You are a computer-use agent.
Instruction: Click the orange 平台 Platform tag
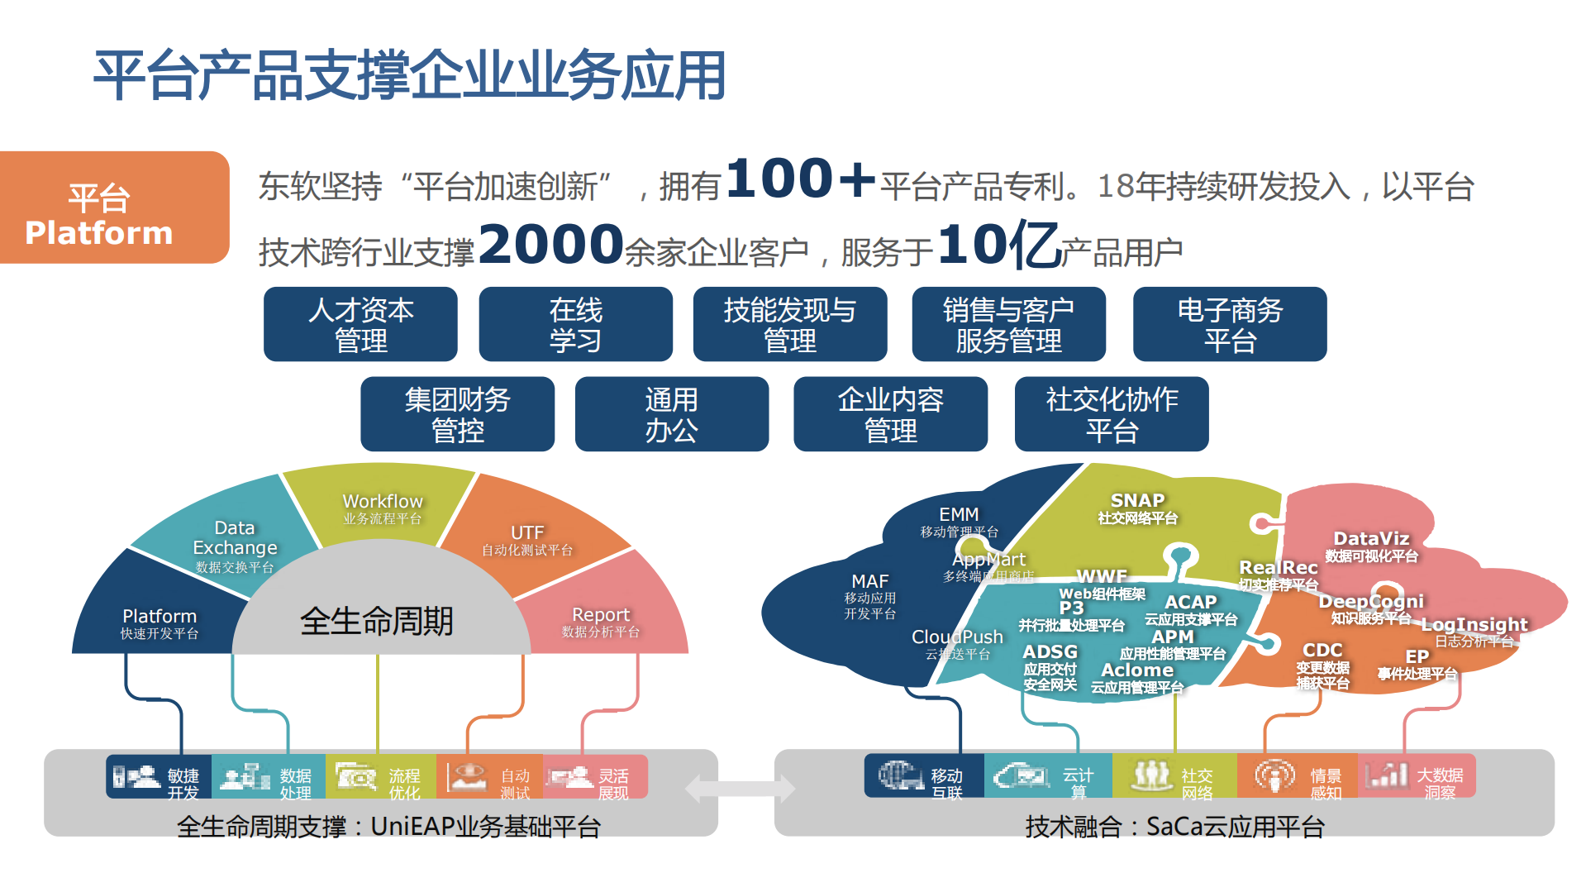point(114,207)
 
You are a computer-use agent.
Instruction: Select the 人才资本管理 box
point(360,325)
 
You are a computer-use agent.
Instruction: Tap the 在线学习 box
point(575,325)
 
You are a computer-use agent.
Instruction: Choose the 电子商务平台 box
point(1230,325)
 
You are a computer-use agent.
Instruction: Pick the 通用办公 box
point(671,414)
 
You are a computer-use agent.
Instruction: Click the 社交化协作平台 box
point(1112,414)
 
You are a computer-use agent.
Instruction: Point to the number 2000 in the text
point(550,246)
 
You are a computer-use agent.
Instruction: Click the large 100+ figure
point(800,179)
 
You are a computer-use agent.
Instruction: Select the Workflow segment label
point(383,502)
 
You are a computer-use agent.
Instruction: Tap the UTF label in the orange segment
point(527,533)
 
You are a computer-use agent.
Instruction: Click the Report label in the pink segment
point(601,615)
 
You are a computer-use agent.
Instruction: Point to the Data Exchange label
point(235,538)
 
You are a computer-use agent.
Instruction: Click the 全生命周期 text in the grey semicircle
point(377,621)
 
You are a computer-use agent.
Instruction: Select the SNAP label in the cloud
point(1137,501)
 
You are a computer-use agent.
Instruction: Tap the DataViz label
point(1371,539)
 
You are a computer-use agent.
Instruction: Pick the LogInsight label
point(1474,625)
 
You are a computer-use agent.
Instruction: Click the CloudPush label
point(957,637)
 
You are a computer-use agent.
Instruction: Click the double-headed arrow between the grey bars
point(741,789)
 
